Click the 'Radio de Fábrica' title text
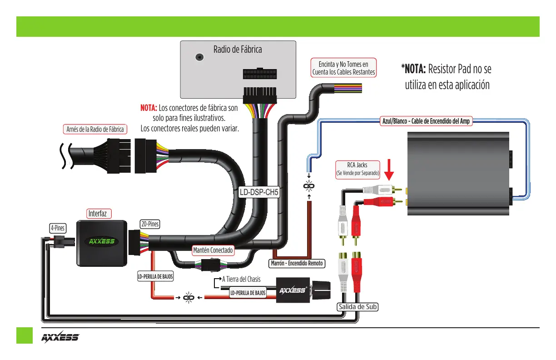[x=238, y=50]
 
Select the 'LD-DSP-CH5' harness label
[x=259, y=192]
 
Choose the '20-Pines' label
[x=150, y=223]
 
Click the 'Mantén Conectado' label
[x=213, y=250]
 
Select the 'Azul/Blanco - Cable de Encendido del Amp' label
[x=426, y=121]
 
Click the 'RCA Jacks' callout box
[x=358, y=169]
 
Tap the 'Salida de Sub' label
[x=357, y=307]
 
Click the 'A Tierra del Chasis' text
[x=241, y=280]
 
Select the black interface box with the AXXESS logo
[x=102, y=242]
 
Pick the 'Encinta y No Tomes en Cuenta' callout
[x=343, y=68]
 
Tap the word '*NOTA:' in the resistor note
[x=413, y=69]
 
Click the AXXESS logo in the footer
[x=60, y=338]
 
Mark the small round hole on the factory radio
[x=199, y=57]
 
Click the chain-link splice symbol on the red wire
[x=188, y=298]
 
